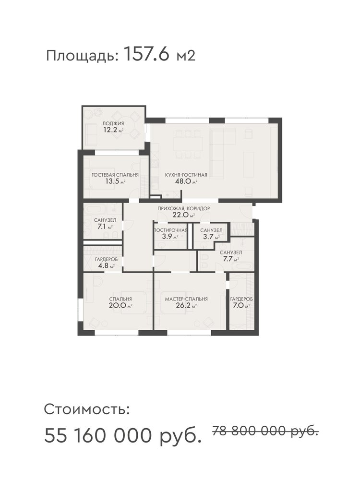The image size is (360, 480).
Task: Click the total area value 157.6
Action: click(x=146, y=55)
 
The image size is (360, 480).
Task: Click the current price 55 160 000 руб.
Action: click(x=123, y=435)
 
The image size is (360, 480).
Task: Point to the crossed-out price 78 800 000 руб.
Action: click(x=265, y=431)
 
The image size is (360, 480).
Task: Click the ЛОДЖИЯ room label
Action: click(x=113, y=123)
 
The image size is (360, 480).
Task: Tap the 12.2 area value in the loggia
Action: click(x=111, y=130)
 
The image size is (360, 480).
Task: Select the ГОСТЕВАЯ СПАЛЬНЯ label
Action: click(x=115, y=175)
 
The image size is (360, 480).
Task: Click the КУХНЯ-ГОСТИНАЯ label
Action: click(x=186, y=175)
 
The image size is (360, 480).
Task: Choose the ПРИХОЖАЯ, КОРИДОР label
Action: click(x=184, y=208)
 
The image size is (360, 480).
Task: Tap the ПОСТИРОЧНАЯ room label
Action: click(x=170, y=230)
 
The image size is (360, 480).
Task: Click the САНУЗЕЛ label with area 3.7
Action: click(x=211, y=230)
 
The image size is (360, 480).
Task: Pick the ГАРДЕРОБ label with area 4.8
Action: click(x=106, y=259)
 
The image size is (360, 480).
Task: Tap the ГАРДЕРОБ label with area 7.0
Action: click(x=241, y=299)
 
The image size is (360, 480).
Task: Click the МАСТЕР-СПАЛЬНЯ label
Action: click(x=186, y=299)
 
